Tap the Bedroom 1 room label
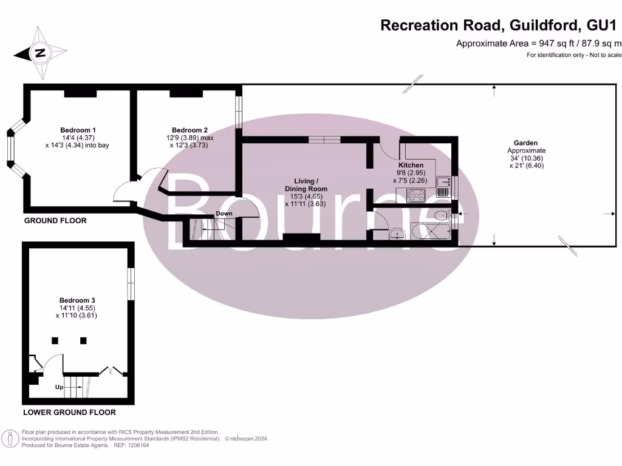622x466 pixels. [x=78, y=130]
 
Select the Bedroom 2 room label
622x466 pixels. [x=190, y=130]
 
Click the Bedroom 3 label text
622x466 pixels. [x=77, y=300]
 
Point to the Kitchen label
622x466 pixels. [x=411, y=165]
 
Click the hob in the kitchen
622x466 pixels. [x=418, y=195]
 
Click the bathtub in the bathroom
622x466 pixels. [x=432, y=232]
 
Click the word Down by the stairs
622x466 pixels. [x=224, y=214]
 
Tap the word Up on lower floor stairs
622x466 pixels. [x=60, y=387]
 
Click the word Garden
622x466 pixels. [x=527, y=143]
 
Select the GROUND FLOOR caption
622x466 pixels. [x=55, y=221]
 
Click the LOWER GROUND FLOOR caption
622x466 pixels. [x=69, y=413]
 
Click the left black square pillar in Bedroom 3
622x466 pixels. [x=55, y=340]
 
